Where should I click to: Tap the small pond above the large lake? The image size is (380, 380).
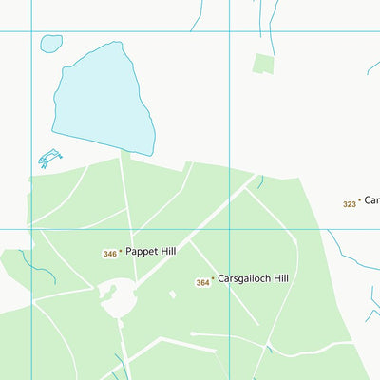[51, 44]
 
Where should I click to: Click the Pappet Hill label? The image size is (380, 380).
[150, 252]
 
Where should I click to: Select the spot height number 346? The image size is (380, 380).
[110, 254]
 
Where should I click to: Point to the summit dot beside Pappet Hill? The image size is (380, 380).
[121, 253]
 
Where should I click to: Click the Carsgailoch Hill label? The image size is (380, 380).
[253, 279]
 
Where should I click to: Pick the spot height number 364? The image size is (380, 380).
[202, 283]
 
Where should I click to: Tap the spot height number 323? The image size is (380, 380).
[349, 204]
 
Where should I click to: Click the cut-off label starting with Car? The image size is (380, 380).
[371, 200]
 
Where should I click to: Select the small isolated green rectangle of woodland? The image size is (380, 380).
[263, 65]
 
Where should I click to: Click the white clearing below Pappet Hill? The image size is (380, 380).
[118, 299]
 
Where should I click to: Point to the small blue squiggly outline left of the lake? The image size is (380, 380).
[49, 158]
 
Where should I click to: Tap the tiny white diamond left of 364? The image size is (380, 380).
[172, 294]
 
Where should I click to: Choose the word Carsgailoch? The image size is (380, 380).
[243, 279]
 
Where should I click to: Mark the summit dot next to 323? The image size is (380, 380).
[359, 201]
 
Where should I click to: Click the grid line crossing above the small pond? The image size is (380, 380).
[33, 31]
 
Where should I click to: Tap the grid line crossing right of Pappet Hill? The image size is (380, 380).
[229, 229]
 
